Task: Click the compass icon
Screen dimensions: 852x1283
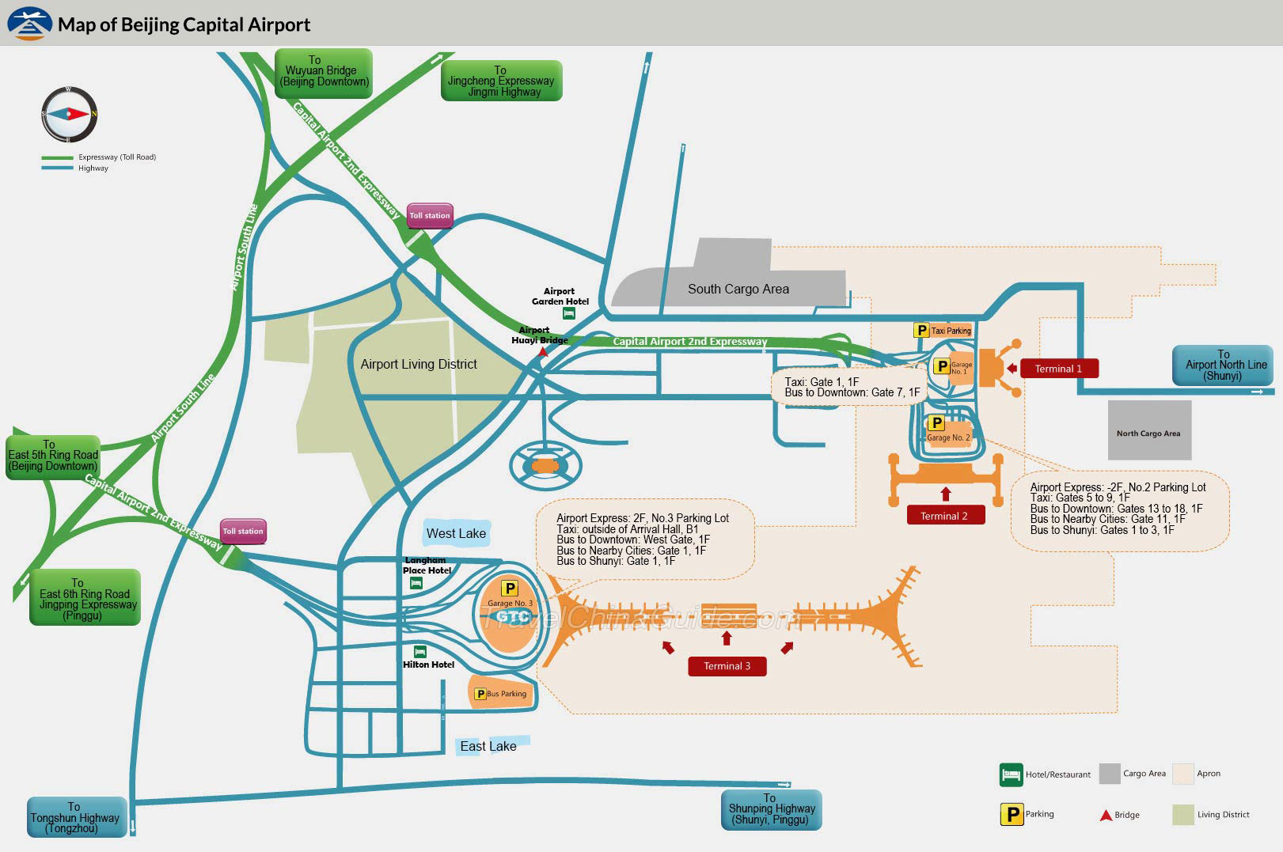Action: (70, 115)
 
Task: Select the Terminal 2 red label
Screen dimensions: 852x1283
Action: (945, 516)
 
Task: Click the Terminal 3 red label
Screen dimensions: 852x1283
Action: (727, 666)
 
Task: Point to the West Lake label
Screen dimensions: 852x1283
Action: (457, 533)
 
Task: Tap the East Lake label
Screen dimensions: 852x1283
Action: (488, 746)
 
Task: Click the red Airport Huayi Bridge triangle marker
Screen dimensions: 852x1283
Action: (542, 352)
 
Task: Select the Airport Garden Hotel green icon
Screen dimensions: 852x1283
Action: (568, 313)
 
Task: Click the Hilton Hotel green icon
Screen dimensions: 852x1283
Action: (420, 652)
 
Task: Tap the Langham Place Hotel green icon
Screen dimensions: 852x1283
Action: (416, 583)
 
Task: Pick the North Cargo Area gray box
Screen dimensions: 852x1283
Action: (1149, 431)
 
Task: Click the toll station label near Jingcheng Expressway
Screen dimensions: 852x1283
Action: (430, 215)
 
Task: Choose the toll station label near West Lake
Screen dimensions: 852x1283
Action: (243, 532)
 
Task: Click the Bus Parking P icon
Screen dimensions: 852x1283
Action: (480, 694)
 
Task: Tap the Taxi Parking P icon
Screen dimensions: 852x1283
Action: (921, 331)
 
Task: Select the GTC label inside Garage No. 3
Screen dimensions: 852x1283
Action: (513, 617)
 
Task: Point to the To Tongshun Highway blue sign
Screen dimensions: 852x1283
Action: (77, 817)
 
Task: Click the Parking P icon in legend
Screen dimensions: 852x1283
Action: (1012, 814)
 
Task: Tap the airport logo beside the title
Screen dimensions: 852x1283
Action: (29, 24)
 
